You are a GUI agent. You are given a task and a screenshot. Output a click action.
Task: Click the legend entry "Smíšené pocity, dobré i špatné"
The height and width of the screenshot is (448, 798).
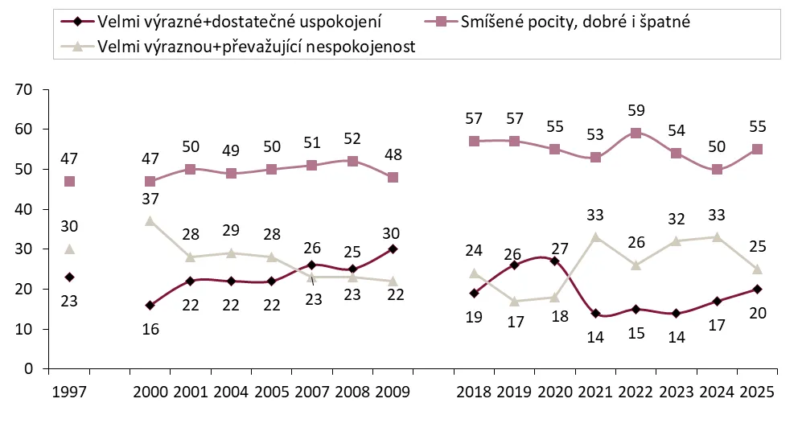point(575,22)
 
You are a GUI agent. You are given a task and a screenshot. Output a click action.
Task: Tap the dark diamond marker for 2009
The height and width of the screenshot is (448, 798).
point(393,249)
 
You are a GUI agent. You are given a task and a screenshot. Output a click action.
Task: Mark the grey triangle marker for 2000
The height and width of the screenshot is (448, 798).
point(150,221)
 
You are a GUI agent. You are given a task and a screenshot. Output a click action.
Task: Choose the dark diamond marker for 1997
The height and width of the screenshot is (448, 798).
point(69,277)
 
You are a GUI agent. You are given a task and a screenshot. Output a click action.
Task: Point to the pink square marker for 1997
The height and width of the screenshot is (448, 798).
point(69,182)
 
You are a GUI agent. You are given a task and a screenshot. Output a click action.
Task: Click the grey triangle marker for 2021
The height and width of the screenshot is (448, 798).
point(594,237)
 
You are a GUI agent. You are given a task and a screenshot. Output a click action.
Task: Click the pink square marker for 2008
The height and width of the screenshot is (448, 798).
point(352,162)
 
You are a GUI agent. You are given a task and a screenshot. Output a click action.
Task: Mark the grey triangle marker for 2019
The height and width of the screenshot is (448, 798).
point(514,302)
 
